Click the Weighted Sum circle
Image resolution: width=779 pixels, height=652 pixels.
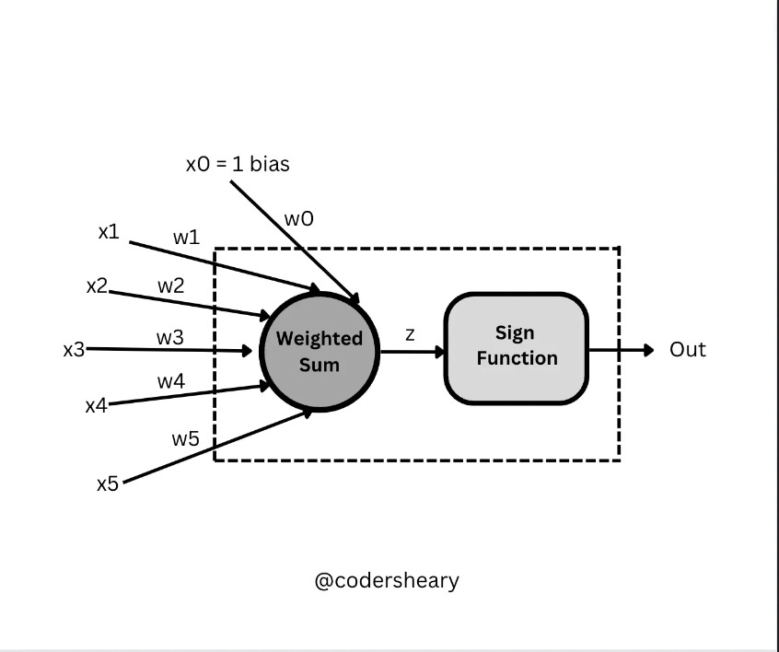[320, 351]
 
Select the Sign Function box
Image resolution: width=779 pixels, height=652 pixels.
[516, 348]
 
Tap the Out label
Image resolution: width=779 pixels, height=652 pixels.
[687, 350]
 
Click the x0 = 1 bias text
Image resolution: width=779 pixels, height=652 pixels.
[238, 165]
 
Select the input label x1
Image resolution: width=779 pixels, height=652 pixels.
[109, 232]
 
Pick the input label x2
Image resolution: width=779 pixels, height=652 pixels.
[97, 285]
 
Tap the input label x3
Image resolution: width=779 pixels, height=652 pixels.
[74, 350]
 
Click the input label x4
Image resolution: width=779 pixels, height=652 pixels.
[96, 404]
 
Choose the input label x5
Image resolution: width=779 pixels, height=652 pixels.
[108, 483]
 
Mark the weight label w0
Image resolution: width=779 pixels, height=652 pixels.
[298, 219]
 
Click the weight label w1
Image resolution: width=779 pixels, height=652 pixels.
[186, 237]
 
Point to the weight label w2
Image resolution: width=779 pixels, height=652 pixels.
[170, 285]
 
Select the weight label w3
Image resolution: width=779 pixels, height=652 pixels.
[169, 338]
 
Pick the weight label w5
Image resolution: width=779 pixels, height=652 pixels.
[185, 438]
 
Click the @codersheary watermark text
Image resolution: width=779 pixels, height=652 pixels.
[387, 581]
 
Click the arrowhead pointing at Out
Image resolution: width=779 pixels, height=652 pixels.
[648, 350]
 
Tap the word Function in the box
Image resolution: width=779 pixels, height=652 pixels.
[517, 357]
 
